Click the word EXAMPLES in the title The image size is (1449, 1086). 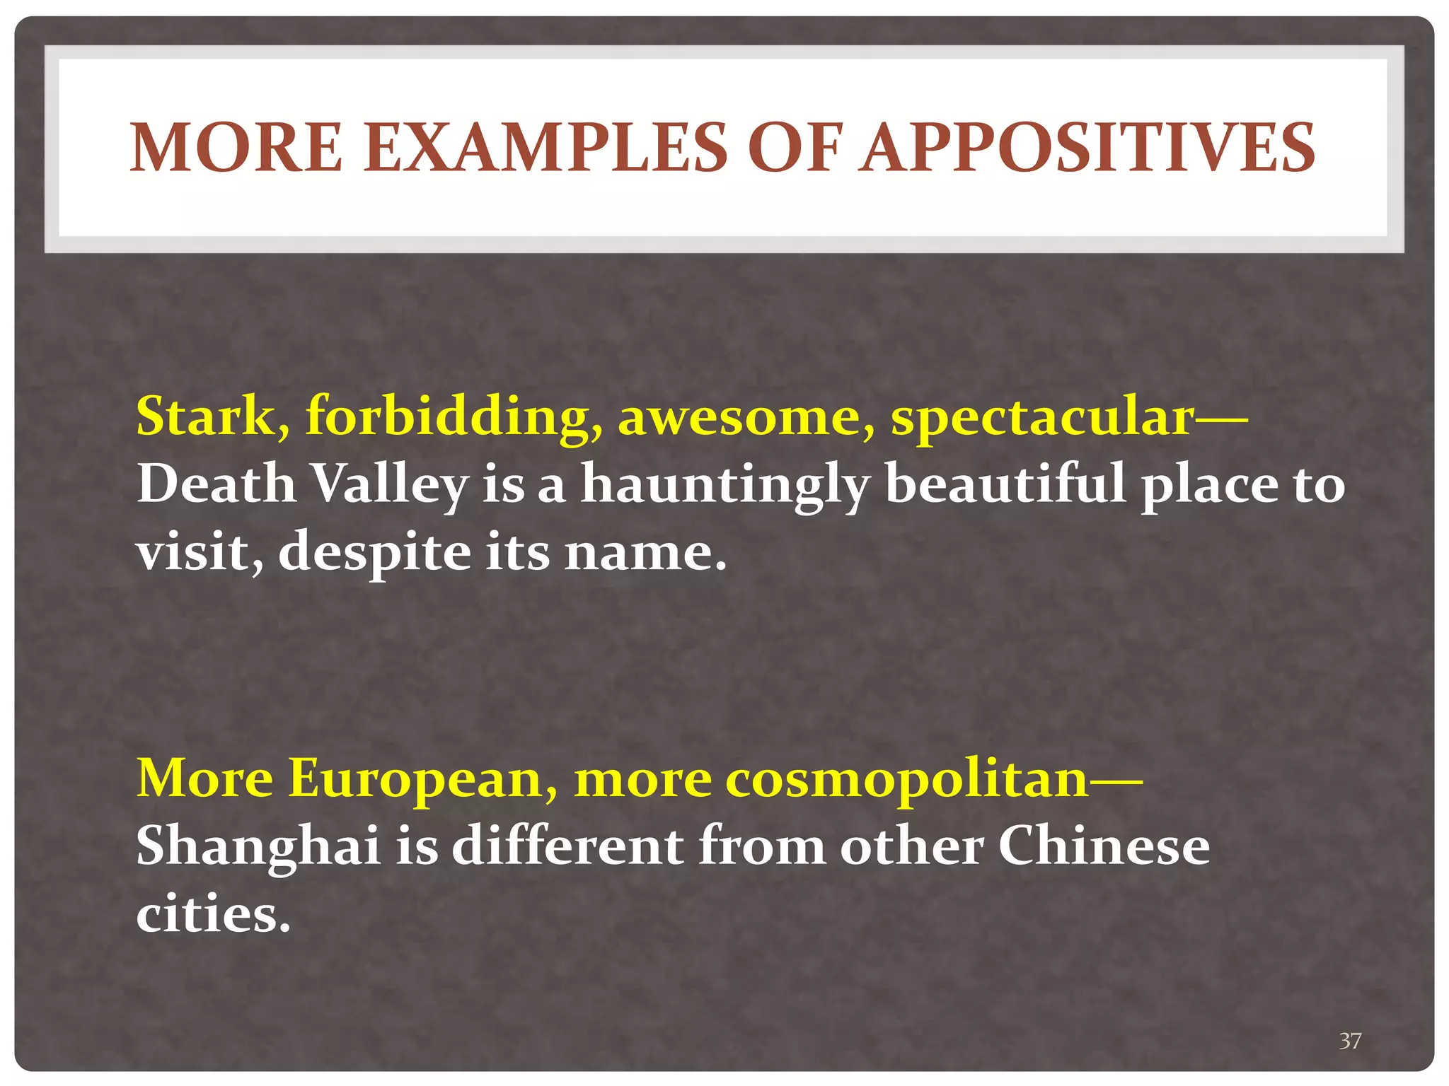[x=545, y=148]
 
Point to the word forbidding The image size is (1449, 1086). [x=454, y=416]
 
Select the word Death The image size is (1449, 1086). [x=216, y=484]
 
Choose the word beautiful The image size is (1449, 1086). [x=1005, y=484]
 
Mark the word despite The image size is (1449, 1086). [x=374, y=554]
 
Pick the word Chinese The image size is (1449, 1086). [x=1104, y=846]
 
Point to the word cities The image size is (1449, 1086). [x=213, y=914]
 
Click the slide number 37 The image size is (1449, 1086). [x=1350, y=1041]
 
